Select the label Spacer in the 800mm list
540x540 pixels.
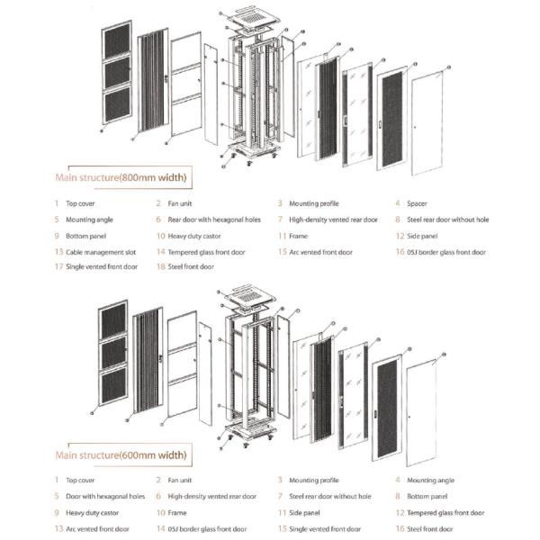click(419, 203)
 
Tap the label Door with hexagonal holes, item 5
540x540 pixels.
click(104, 497)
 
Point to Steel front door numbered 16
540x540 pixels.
click(427, 528)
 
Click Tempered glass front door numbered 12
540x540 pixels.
click(445, 513)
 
